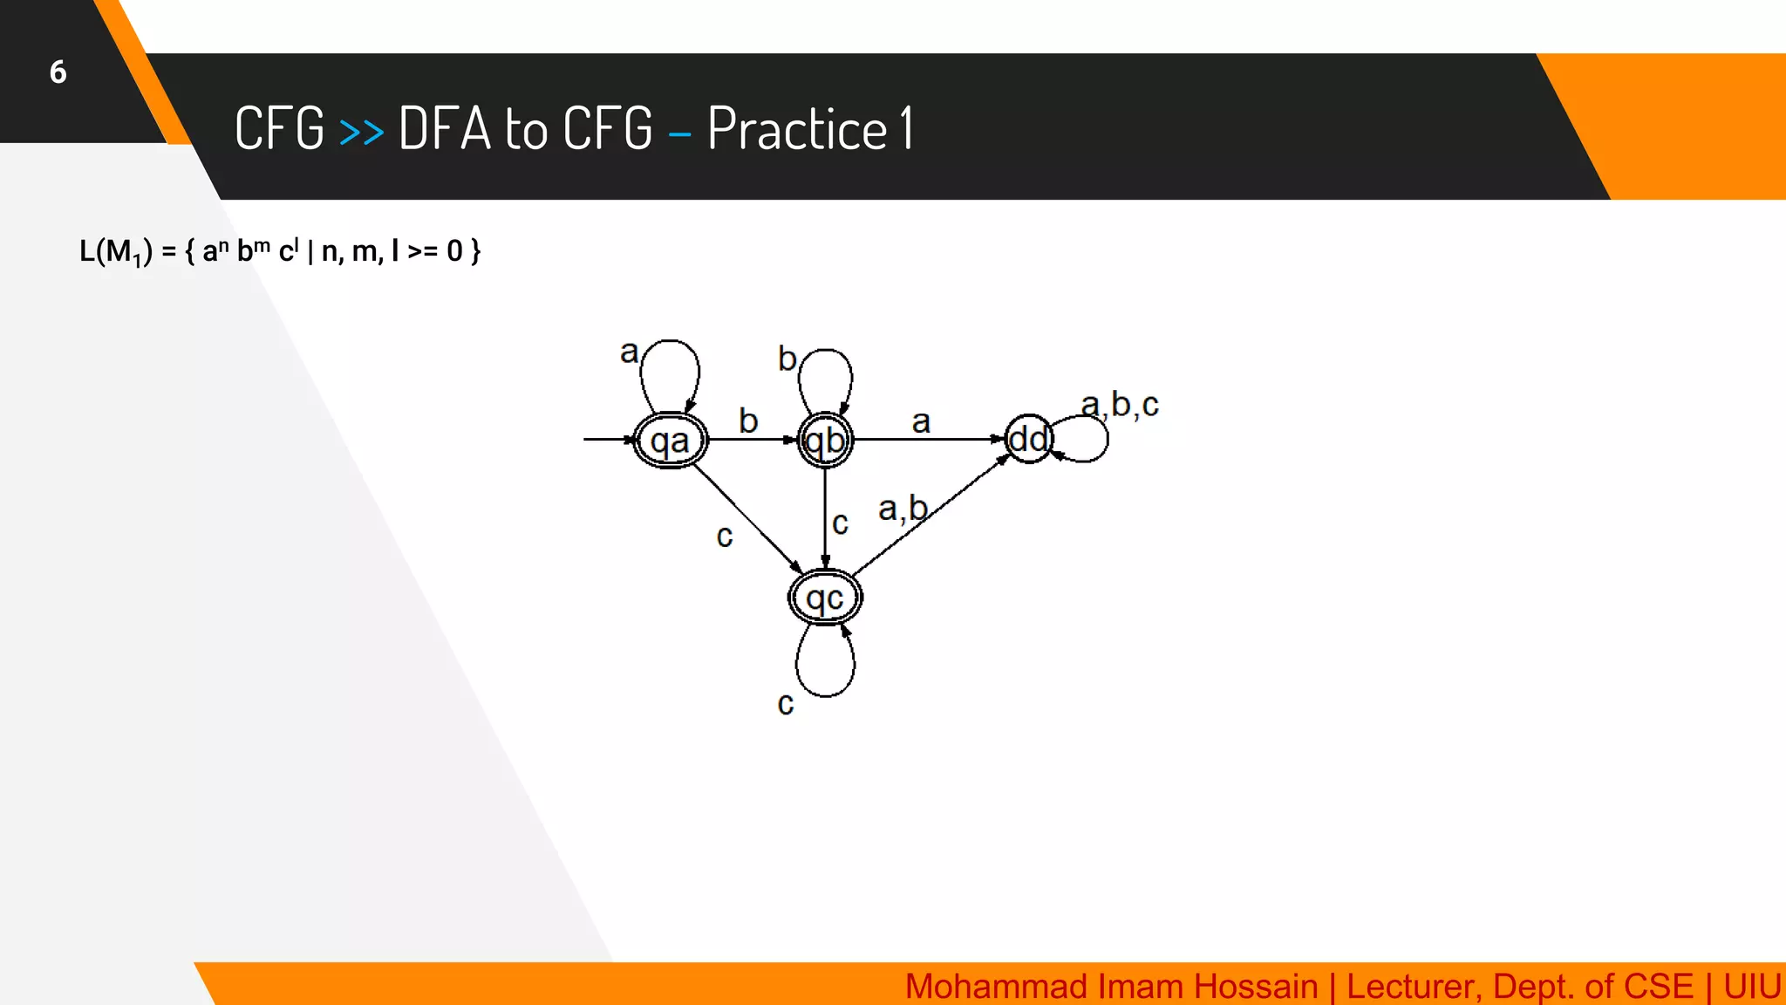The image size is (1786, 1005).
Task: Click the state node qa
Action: click(670, 441)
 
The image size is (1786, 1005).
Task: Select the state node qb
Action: click(825, 441)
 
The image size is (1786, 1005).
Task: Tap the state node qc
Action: click(825, 598)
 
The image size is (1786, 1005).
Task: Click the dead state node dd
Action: click(1028, 439)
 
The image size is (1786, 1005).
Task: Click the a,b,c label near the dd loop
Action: click(1120, 405)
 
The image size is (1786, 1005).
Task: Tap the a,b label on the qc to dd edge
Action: click(903, 508)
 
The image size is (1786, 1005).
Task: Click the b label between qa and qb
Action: click(748, 420)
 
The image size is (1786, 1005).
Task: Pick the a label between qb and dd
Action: click(921, 422)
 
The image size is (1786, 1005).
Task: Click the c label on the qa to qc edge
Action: click(724, 537)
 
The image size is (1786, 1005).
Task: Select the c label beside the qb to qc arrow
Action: click(840, 523)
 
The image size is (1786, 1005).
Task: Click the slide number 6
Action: click(58, 72)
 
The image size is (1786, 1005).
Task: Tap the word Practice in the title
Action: click(797, 129)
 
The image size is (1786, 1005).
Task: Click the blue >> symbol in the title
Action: click(361, 132)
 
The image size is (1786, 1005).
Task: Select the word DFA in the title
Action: click(445, 129)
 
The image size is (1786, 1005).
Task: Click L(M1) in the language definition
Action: click(115, 251)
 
